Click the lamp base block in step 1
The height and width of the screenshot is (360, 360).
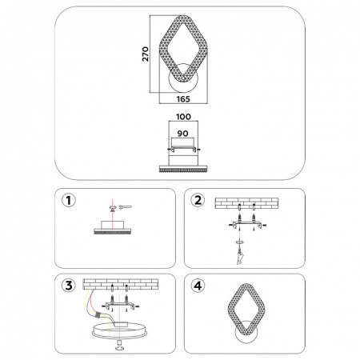(111, 225)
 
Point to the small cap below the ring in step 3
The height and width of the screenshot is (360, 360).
(120, 346)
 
